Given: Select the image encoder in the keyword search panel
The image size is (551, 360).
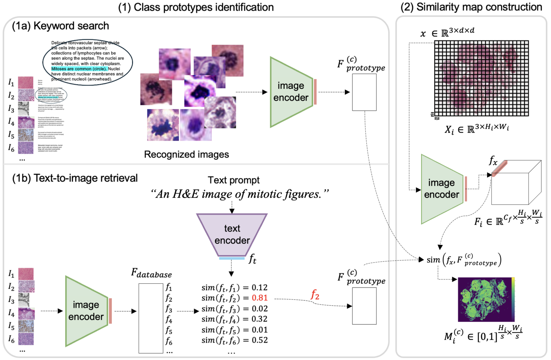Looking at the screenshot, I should [290, 92].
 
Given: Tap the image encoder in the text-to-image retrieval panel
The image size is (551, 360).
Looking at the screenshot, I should [86, 311].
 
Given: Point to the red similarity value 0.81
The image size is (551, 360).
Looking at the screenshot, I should [260, 298].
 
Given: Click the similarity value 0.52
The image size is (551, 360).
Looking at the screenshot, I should [260, 340].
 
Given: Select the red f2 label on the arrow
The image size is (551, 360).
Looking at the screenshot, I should [315, 295].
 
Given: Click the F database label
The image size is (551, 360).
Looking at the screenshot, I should [152, 274].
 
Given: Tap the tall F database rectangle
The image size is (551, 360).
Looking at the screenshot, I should [151, 318].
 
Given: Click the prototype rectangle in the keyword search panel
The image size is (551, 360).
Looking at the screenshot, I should [364, 92].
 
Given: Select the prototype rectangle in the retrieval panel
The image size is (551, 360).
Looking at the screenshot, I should [364, 306].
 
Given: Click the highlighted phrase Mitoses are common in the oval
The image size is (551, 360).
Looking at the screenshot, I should [79, 69].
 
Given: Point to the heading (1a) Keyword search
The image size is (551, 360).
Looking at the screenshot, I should [60, 26].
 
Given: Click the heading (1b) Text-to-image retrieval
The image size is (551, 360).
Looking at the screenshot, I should [75, 178].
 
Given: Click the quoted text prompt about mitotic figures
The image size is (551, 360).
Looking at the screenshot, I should [240, 194].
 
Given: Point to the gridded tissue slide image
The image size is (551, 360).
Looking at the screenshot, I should [481, 78].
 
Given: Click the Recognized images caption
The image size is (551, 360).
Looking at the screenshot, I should [186, 154].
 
